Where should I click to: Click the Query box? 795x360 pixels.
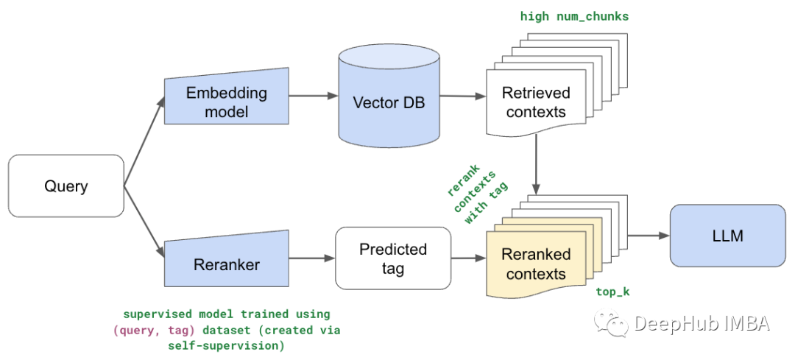(x=66, y=186)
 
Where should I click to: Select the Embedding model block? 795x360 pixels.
(x=227, y=96)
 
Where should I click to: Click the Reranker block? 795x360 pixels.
(x=227, y=258)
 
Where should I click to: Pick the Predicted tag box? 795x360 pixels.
(x=393, y=258)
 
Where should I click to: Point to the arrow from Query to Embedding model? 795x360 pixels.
(x=144, y=141)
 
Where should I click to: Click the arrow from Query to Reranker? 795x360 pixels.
(x=144, y=222)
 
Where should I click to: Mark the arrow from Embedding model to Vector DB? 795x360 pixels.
(x=314, y=96)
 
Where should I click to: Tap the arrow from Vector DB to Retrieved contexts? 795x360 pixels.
(x=463, y=96)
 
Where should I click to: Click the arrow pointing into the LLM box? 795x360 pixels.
(x=649, y=236)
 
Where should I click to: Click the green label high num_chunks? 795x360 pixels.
(x=574, y=16)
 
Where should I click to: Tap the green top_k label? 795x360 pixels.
(x=612, y=292)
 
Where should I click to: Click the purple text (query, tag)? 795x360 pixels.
(x=155, y=331)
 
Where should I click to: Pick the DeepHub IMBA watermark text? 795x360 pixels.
(x=702, y=323)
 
